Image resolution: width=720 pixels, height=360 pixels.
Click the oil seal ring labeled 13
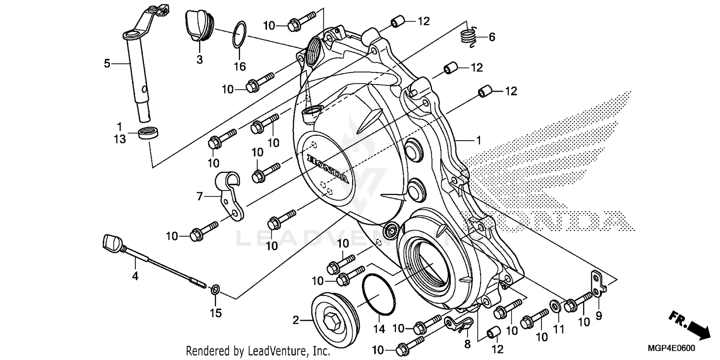[149, 133]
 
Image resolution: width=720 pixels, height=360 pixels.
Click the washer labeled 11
[554, 306]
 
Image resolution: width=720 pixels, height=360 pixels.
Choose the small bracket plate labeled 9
[598, 285]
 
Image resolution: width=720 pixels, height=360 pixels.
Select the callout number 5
[107, 63]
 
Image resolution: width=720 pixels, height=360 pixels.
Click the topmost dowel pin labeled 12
[397, 21]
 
